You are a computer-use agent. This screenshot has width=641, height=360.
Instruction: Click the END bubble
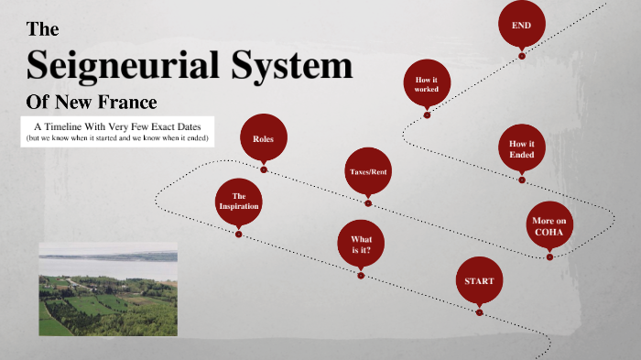522,25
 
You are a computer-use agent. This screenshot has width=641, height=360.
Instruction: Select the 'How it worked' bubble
427,85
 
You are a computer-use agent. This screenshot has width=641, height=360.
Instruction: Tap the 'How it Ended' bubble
522,149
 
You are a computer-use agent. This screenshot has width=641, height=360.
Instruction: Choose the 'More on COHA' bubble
549,225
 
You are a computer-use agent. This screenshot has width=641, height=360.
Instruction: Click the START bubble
479,281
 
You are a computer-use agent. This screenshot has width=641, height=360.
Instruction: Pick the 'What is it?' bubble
361,244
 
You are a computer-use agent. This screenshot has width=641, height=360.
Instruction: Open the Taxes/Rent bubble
368,172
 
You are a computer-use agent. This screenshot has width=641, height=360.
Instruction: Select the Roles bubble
264,139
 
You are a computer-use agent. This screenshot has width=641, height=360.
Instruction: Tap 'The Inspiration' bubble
239,202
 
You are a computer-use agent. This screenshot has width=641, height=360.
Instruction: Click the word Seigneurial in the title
116,66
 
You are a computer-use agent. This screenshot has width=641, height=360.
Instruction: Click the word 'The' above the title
43,29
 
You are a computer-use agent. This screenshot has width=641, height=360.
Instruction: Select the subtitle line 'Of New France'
92,101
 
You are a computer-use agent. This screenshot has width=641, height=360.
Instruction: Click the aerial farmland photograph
108,289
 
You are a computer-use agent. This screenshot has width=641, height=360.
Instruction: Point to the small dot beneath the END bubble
522,56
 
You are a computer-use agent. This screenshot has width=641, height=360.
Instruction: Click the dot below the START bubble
479,312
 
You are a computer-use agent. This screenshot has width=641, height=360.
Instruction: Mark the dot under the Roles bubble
264,169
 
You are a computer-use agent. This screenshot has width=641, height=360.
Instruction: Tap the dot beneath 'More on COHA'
549,257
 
